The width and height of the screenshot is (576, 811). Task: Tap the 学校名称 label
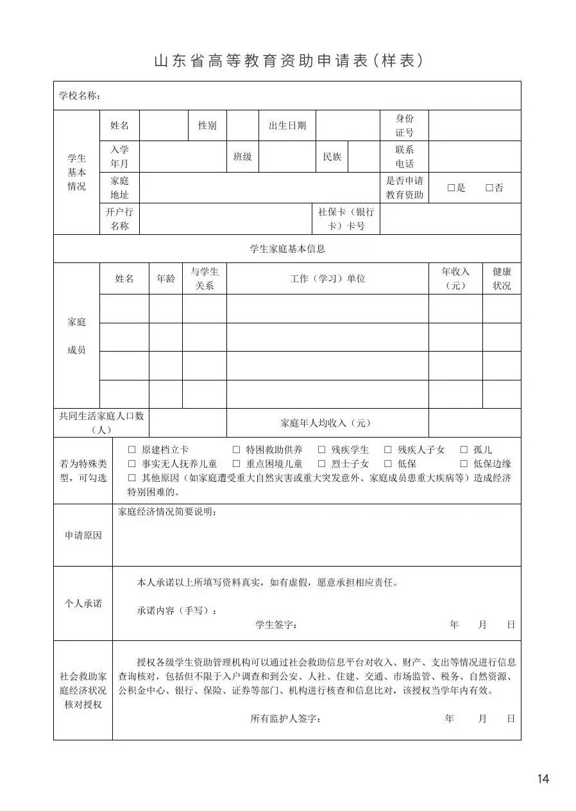tap(80, 96)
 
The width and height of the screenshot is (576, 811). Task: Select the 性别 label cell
tap(207, 125)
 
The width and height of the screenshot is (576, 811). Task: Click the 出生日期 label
tap(287, 125)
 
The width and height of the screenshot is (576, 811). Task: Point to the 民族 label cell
tap(332, 157)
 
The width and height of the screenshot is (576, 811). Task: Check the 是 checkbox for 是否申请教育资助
tap(451, 188)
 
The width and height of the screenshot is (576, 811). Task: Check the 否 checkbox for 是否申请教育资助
tap(489, 188)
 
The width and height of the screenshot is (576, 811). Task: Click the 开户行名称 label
tap(119, 219)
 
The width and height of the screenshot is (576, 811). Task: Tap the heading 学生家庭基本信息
tap(287, 248)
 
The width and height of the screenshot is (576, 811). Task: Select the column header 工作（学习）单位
tap(327, 278)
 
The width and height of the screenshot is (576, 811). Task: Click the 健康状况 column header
tap(502, 278)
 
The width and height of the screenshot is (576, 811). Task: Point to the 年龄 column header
tap(165, 278)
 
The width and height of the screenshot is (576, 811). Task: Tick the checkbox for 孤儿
tap(463, 450)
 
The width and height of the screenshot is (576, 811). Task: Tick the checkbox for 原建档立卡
tap(132, 450)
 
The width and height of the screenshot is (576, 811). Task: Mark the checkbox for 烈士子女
tap(322, 464)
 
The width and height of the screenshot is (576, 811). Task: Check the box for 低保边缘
tap(463, 464)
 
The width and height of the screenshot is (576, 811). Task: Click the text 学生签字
tap(276, 624)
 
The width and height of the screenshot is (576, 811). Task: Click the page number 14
tap(543, 779)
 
